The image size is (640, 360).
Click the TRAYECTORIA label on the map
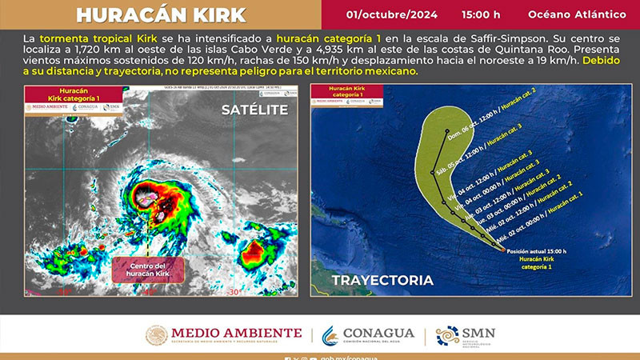(382, 280)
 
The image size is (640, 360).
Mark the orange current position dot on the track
(503, 250)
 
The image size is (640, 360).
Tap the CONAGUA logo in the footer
(369, 335)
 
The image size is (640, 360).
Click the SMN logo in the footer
(466, 335)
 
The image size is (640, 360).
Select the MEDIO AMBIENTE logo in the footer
(226, 335)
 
